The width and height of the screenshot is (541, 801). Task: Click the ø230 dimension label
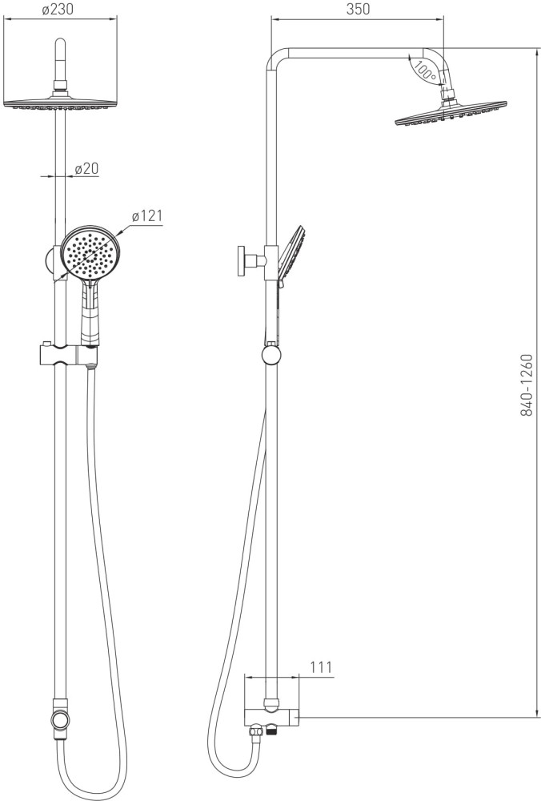[x=58, y=9]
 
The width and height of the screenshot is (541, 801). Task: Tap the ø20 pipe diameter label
[x=86, y=168]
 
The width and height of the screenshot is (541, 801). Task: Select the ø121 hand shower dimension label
[x=147, y=216]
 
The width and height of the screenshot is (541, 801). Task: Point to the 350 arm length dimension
[x=358, y=9]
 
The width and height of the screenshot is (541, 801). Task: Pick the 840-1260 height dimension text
[x=527, y=384]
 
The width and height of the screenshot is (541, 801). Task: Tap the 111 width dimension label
[x=320, y=666]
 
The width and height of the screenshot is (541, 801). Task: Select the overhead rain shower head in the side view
[x=451, y=112]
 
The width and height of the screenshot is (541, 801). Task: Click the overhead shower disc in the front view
[x=60, y=103]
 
